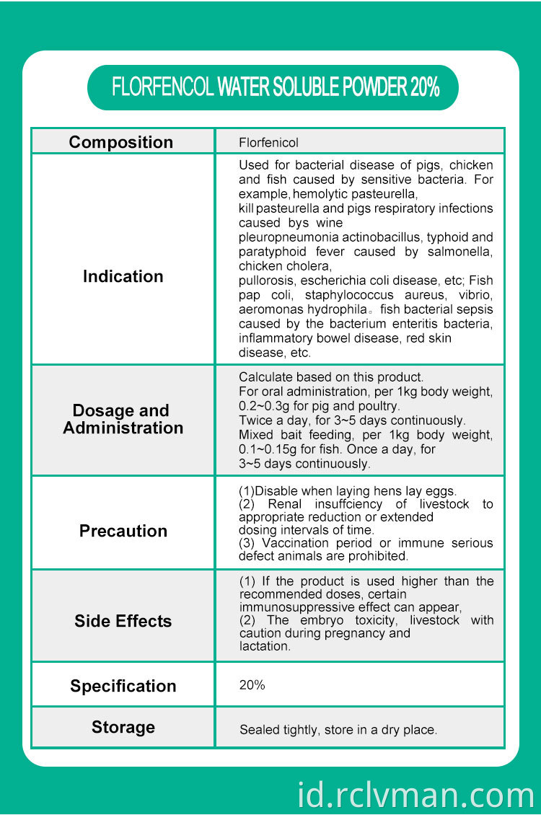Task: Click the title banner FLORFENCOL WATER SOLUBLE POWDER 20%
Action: coord(275,87)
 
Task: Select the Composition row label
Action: coord(121,142)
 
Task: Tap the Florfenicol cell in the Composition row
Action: coord(268,143)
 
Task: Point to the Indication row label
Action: coord(123,276)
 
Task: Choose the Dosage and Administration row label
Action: coord(123,419)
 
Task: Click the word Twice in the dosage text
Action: coord(255,420)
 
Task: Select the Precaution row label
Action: coord(123,531)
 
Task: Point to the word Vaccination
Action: coord(296,542)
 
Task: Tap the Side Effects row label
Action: coord(123,621)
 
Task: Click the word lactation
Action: coord(265,646)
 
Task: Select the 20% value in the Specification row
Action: coord(252,685)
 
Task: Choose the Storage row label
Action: coord(123,727)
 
